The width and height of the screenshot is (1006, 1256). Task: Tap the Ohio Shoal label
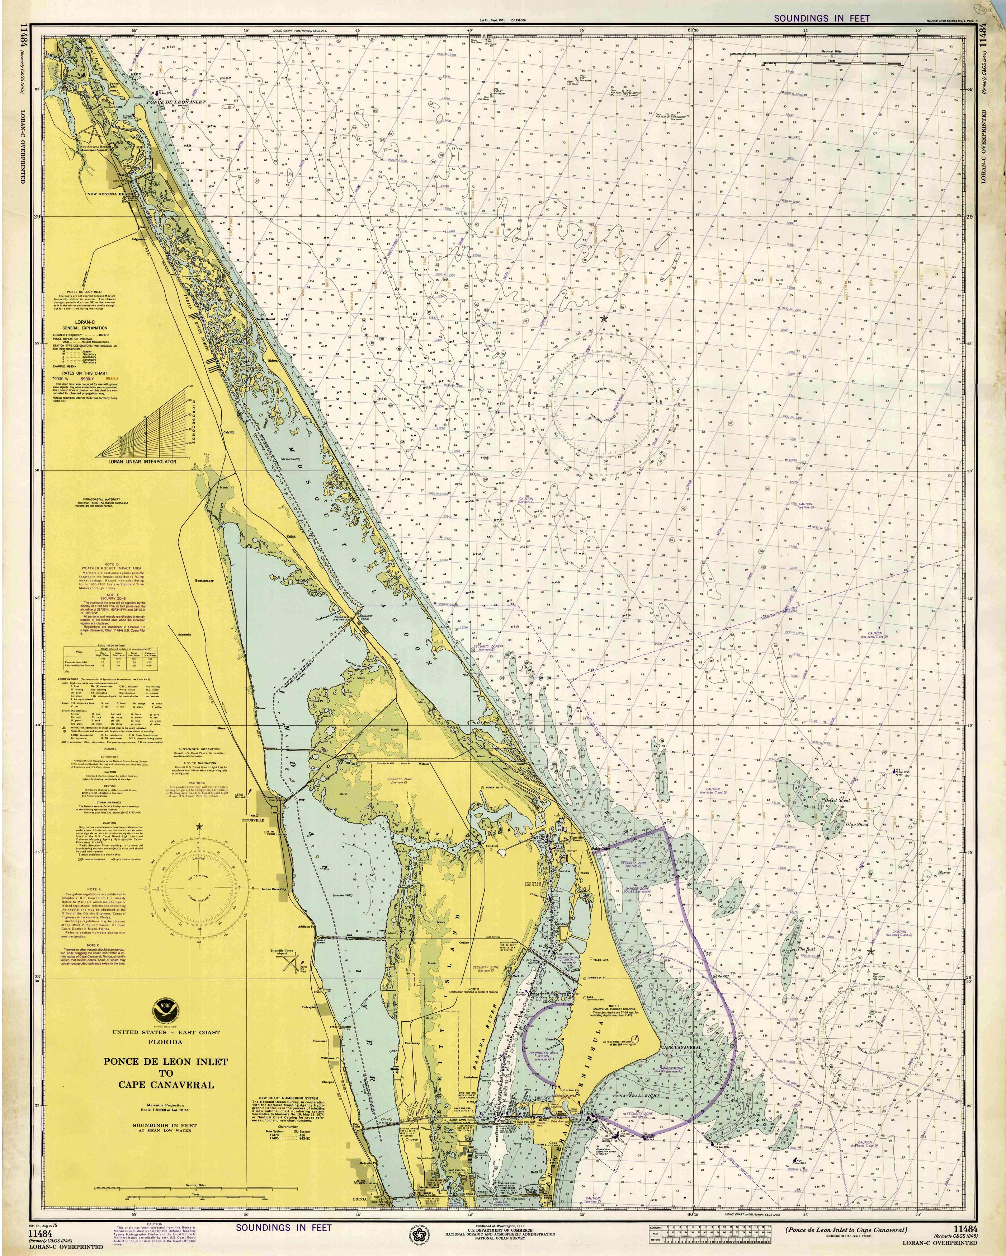(857, 824)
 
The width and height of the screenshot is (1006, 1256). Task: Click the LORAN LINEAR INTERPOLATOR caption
(142, 461)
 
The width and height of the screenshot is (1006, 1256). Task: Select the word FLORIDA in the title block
(165, 1042)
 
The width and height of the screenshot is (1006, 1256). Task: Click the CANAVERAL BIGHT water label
(636, 1096)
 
